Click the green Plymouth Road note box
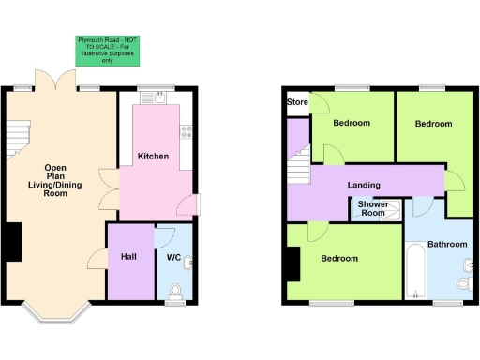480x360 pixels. point(105,51)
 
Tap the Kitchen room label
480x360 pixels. point(153,156)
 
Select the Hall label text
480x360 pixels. point(129,257)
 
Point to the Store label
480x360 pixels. point(298,102)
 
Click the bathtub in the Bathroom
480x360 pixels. point(416,270)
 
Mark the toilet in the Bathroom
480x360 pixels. point(464,284)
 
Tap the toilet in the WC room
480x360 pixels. point(173,297)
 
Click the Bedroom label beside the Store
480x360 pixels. point(352,123)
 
